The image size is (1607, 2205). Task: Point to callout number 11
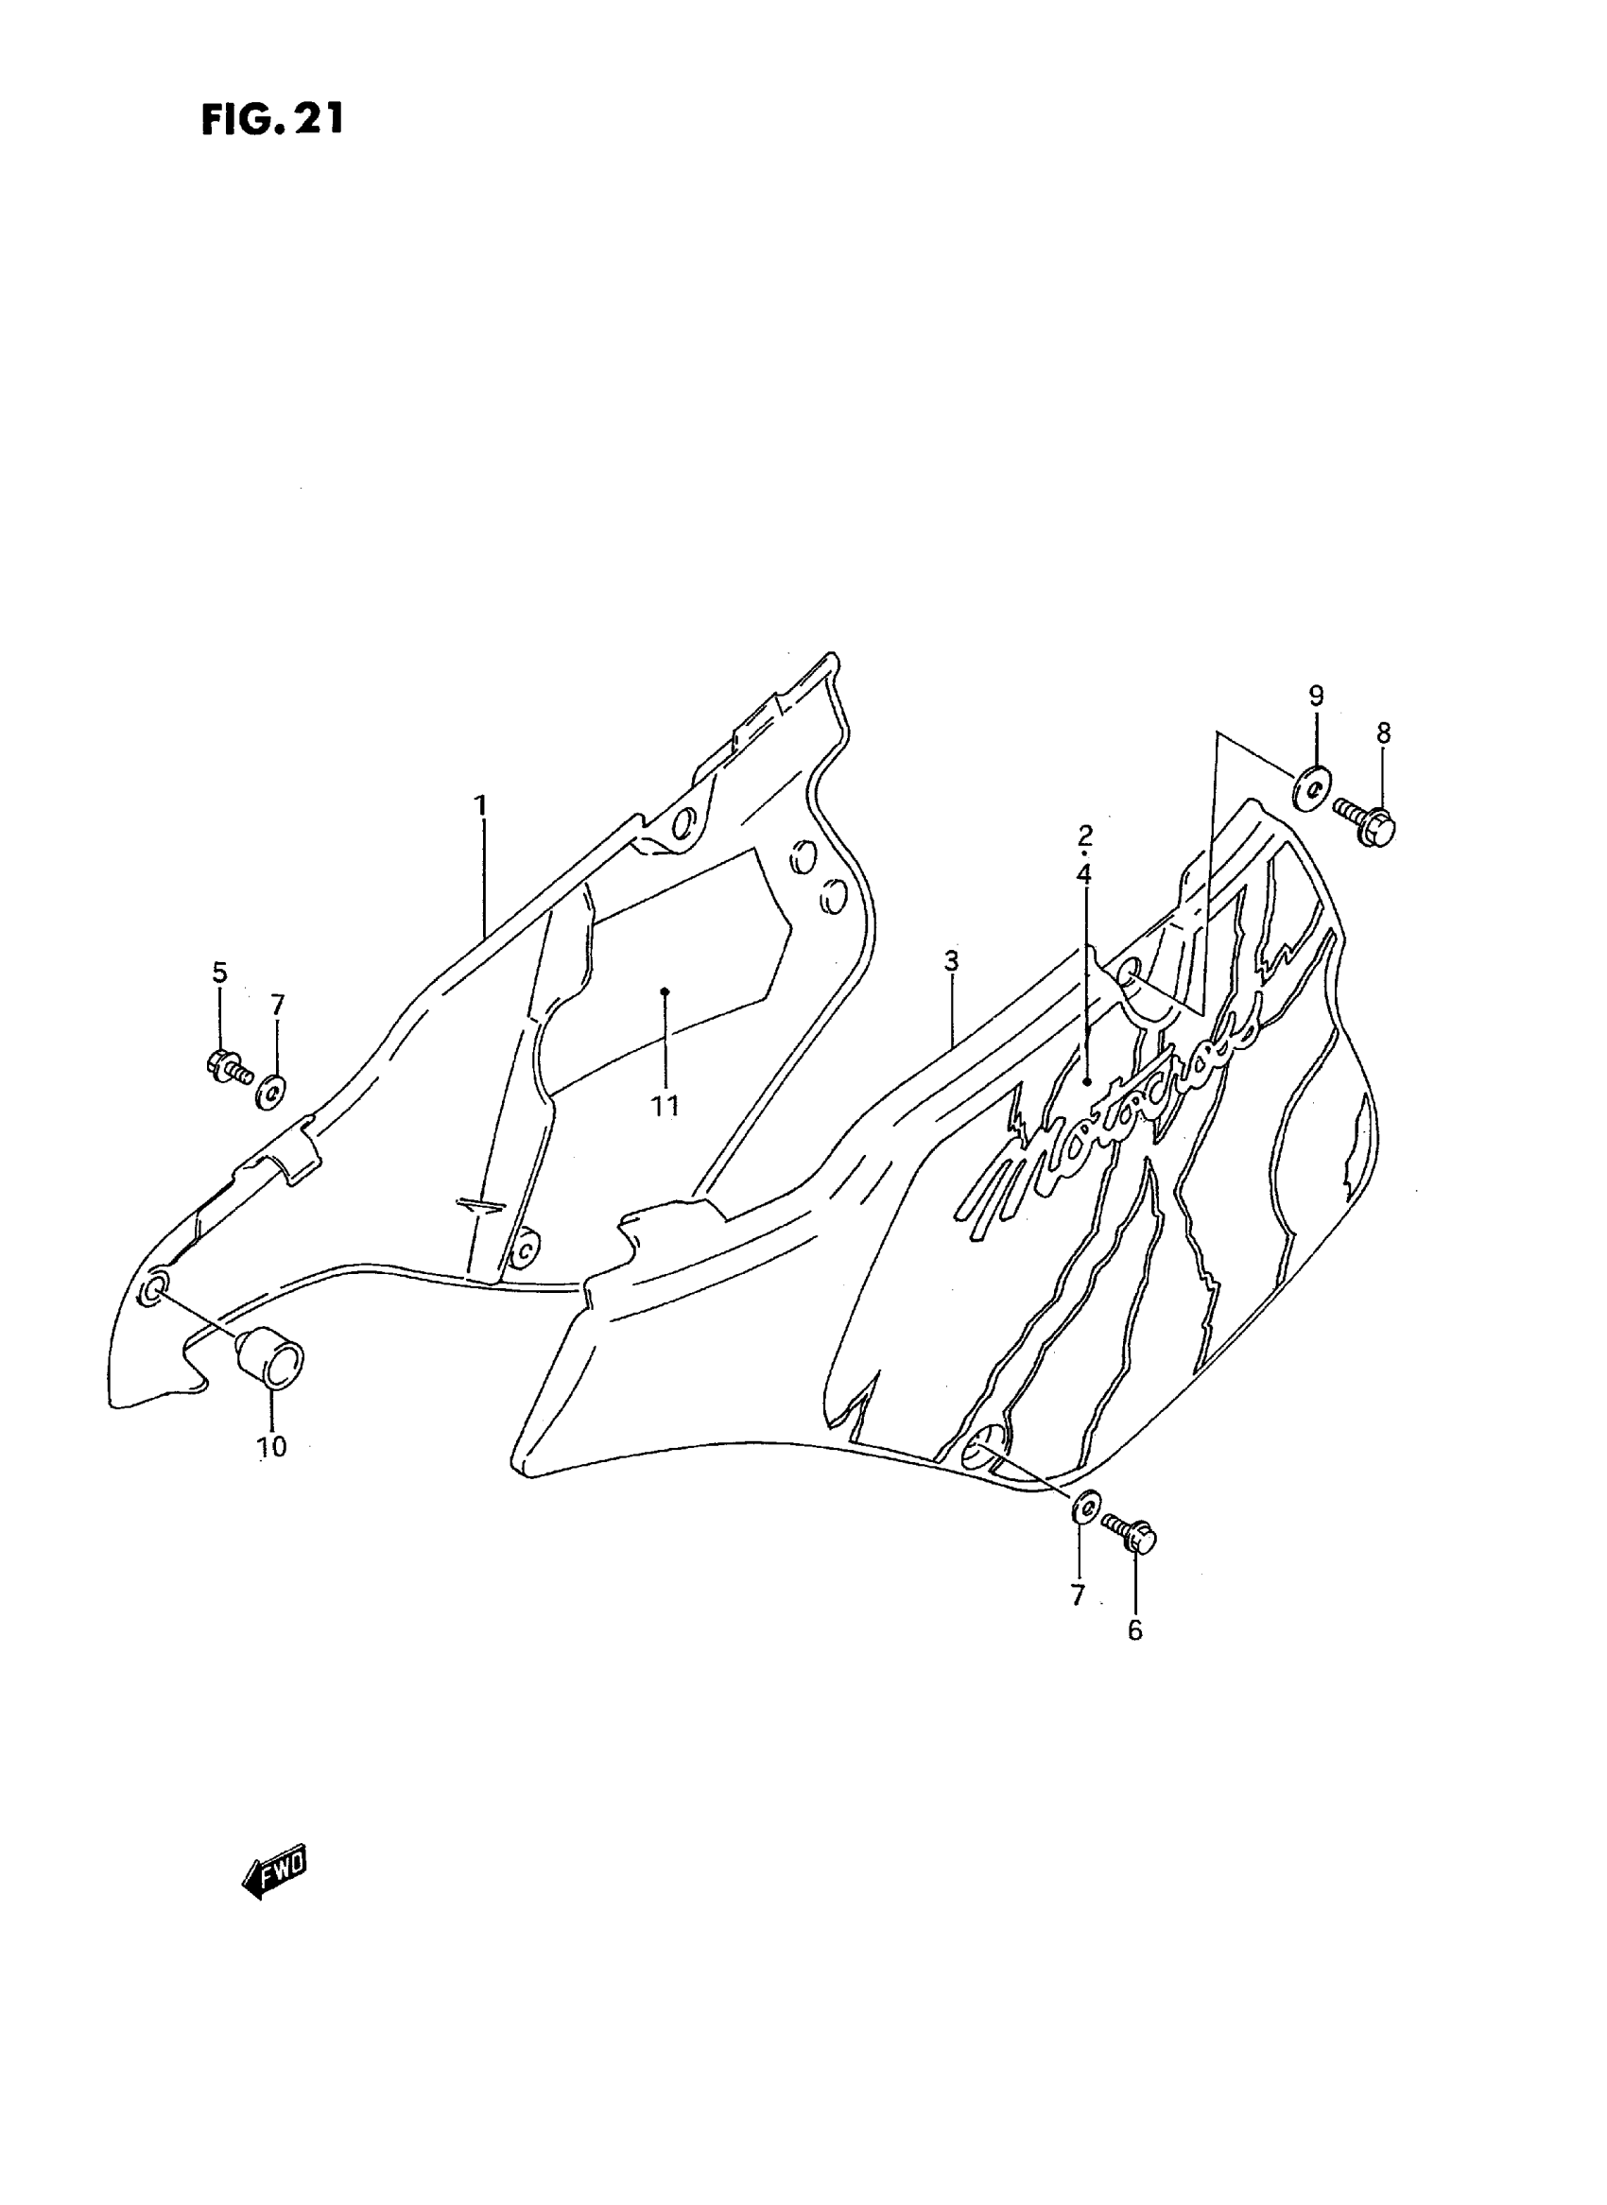(x=665, y=1106)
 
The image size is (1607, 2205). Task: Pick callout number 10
(x=272, y=1473)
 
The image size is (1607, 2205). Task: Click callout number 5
(x=220, y=972)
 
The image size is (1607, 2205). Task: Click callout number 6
(x=1135, y=1631)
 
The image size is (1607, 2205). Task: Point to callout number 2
(x=1084, y=835)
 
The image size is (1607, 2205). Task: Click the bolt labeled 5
(x=229, y=1066)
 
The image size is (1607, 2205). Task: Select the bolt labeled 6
(x=1132, y=1536)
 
